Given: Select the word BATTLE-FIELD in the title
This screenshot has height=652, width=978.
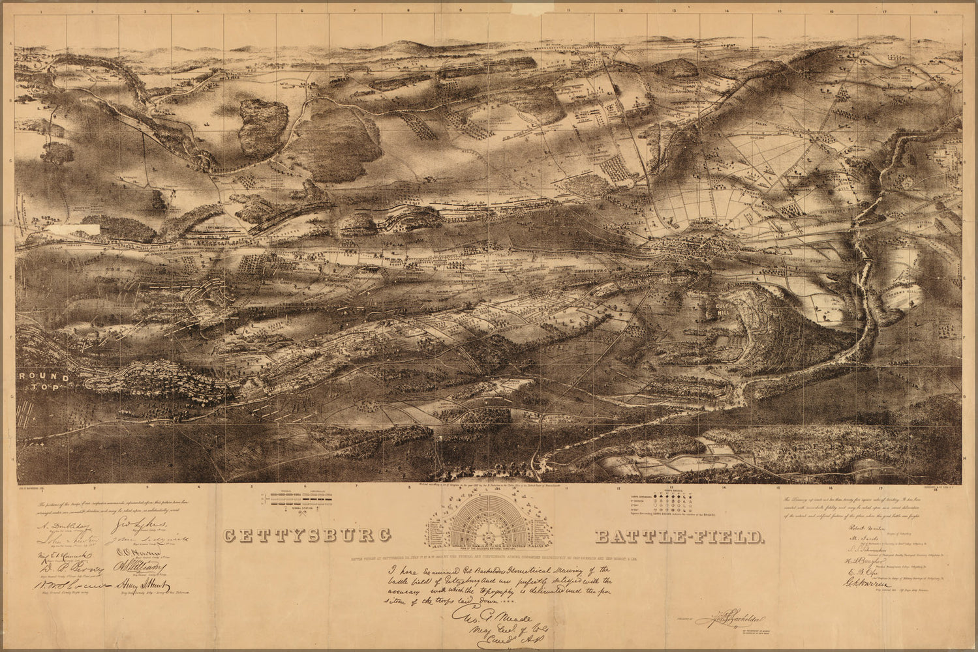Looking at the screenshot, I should point(679,537).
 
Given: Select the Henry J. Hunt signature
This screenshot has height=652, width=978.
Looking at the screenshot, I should point(142,587).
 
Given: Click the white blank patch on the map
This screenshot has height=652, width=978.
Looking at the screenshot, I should point(84,229).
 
